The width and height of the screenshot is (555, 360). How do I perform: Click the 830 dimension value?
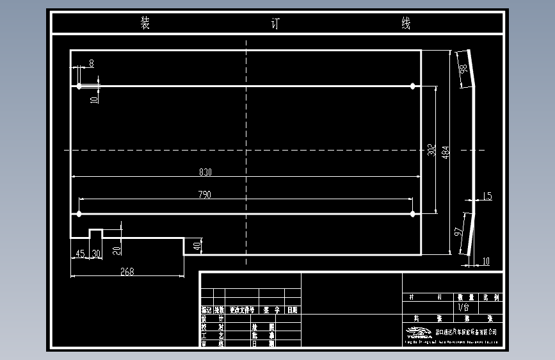click(205, 172)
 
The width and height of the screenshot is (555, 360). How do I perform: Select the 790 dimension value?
click(205, 194)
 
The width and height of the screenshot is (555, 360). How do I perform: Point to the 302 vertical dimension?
click(431, 150)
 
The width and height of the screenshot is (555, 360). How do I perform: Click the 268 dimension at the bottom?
click(127, 272)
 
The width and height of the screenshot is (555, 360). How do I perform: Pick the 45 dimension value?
click(80, 254)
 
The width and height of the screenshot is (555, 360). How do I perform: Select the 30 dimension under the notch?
click(96, 254)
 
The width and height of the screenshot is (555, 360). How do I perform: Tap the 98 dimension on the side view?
click(463, 70)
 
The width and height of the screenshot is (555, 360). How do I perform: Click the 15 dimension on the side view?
click(488, 197)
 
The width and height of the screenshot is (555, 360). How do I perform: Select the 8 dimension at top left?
click(92, 63)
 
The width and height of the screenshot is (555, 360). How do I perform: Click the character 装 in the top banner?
click(145, 24)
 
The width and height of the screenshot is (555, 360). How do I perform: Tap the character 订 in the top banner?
click(276, 24)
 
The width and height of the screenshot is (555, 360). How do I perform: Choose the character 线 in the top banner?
click(406, 24)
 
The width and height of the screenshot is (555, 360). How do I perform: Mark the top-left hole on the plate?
click(79, 86)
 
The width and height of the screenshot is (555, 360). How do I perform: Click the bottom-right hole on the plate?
click(412, 213)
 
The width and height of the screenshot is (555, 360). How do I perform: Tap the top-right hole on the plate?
click(412, 86)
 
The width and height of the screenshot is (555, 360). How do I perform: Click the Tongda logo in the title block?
click(419, 332)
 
